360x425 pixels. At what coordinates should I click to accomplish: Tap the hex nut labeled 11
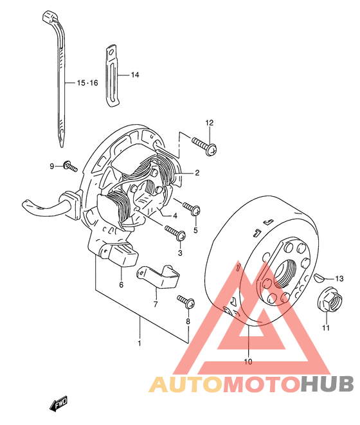click(329, 299)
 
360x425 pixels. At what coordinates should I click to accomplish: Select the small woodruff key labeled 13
click(319, 278)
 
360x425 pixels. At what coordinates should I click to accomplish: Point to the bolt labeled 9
click(70, 166)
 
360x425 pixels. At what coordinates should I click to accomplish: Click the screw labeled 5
click(192, 208)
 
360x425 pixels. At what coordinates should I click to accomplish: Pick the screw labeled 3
click(175, 233)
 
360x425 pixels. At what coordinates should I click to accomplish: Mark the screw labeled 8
click(186, 302)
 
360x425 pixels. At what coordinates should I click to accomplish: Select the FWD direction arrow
click(58, 404)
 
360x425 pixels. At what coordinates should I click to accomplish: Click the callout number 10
click(248, 361)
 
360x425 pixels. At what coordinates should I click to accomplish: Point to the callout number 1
click(139, 343)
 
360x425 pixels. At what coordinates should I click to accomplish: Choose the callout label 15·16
click(87, 83)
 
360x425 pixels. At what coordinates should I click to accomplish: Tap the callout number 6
click(121, 285)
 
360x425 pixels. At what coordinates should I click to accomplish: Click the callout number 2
click(197, 173)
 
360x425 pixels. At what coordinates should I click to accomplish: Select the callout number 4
click(175, 216)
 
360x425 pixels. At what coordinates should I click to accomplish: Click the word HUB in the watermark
click(327, 384)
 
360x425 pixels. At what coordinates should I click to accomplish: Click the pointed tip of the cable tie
click(62, 147)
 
